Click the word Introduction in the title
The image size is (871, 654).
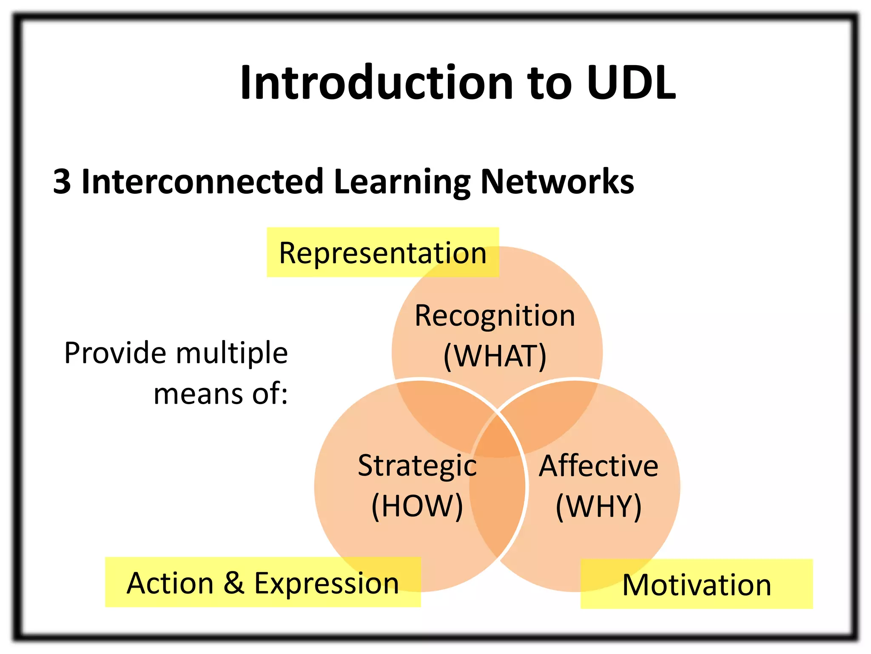[x=377, y=83]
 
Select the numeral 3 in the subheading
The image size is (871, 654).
[x=62, y=182]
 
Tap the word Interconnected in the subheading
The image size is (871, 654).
[x=202, y=182]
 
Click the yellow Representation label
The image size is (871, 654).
[x=383, y=253]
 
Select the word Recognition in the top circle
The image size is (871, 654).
[x=495, y=316]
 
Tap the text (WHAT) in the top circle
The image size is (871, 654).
[x=495, y=356]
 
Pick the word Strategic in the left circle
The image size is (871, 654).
[x=417, y=466]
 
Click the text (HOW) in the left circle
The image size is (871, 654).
[x=417, y=506]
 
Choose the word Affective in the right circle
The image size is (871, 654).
[x=598, y=466]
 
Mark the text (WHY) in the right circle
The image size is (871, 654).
[x=598, y=506]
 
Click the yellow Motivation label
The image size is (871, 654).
[x=697, y=585]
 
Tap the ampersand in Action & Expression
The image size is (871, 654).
[x=234, y=582]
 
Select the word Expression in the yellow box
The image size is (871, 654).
[x=327, y=583]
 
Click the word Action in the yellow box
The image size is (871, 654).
[x=170, y=582]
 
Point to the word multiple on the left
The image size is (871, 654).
[x=232, y=353]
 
